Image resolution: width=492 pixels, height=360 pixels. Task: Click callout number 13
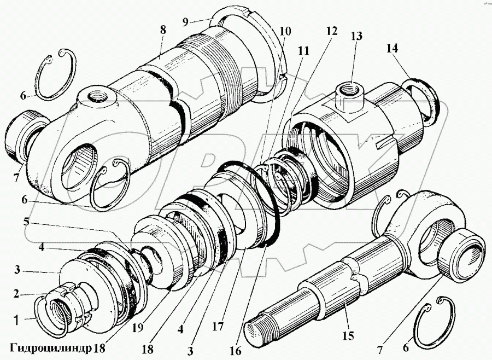tap(356, 37)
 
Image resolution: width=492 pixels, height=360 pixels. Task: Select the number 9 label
tap(185, 22)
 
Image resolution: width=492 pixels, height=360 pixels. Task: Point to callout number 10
tap(285, 32)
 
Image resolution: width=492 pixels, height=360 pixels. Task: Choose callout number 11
tap(303, 51)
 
